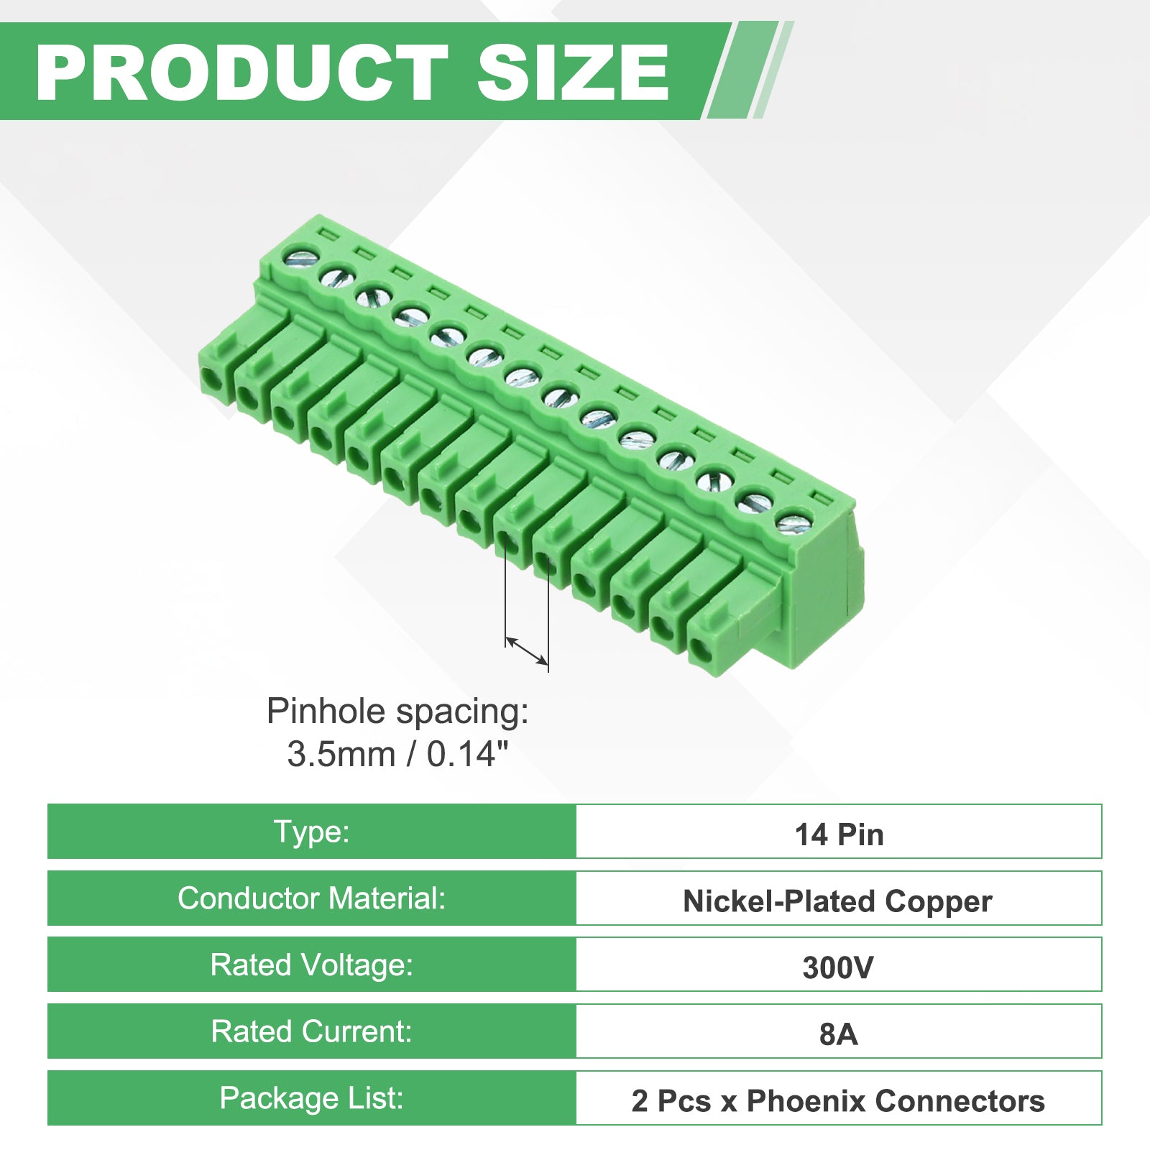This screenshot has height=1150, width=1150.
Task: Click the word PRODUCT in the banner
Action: click(x=242, y=73)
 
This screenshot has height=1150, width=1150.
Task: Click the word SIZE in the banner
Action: click(x=573, y=73)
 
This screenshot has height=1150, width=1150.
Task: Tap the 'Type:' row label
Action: click(x=312, y=832)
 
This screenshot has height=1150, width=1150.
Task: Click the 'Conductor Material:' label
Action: click(x=312, y=898)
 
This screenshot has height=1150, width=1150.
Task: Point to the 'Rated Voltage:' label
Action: click(x=312, y=965)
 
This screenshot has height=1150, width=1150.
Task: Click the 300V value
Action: click(x=838, y=967)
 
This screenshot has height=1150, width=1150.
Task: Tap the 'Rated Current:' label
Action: click(x=312, y=1031)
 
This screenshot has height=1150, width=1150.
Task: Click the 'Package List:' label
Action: click(x=312, y=1098)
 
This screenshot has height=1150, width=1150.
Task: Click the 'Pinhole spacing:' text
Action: click(x=397, y=712)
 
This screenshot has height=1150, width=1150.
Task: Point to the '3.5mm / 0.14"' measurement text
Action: click(x=397, y=754)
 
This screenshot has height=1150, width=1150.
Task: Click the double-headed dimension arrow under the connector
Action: click(x=527, y=651)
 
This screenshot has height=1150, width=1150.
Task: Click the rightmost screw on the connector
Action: click(x=792, y=523)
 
